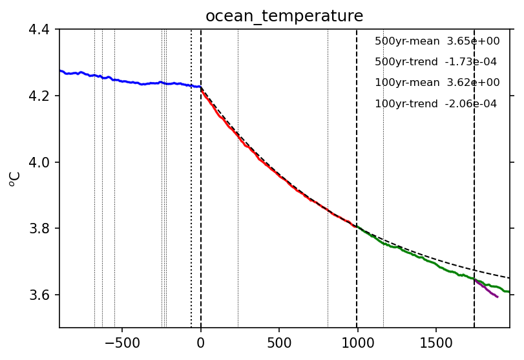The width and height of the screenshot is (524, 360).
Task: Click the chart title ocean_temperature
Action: pos(284,16)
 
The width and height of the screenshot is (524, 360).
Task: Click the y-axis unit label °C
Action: pos(15,178)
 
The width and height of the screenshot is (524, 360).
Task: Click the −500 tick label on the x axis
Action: pos(122,341)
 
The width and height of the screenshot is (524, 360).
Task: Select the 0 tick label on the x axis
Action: pos(201,341)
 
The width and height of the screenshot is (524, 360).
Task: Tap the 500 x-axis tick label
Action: pos(279,341)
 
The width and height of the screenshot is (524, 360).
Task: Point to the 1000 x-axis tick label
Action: pos(357,341)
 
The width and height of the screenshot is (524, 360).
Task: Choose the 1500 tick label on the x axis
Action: pos(435,341)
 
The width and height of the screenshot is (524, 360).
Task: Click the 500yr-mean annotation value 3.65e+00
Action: pos(475,41)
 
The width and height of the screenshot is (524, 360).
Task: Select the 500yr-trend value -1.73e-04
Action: pos(475,62)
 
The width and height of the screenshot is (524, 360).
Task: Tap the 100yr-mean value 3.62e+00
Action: pos(475,83)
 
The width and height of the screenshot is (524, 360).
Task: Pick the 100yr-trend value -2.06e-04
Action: pos(475,104)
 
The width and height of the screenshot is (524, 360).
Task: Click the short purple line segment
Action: pos(487,290)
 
